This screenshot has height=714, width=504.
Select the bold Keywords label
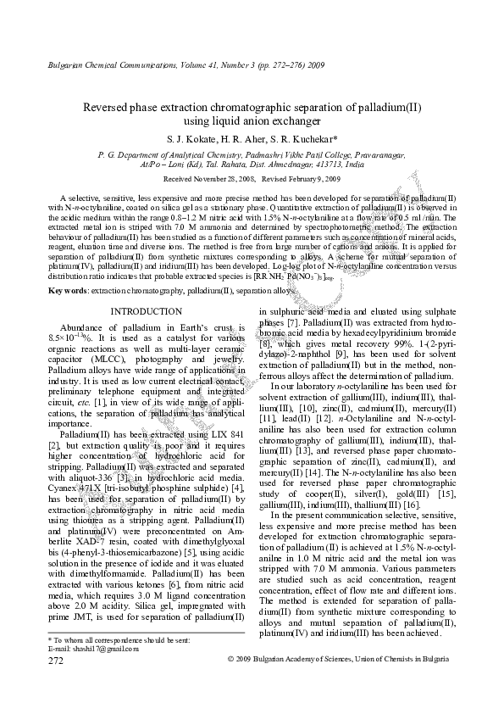(67, 291)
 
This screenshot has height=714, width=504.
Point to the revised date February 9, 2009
(319, 180)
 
